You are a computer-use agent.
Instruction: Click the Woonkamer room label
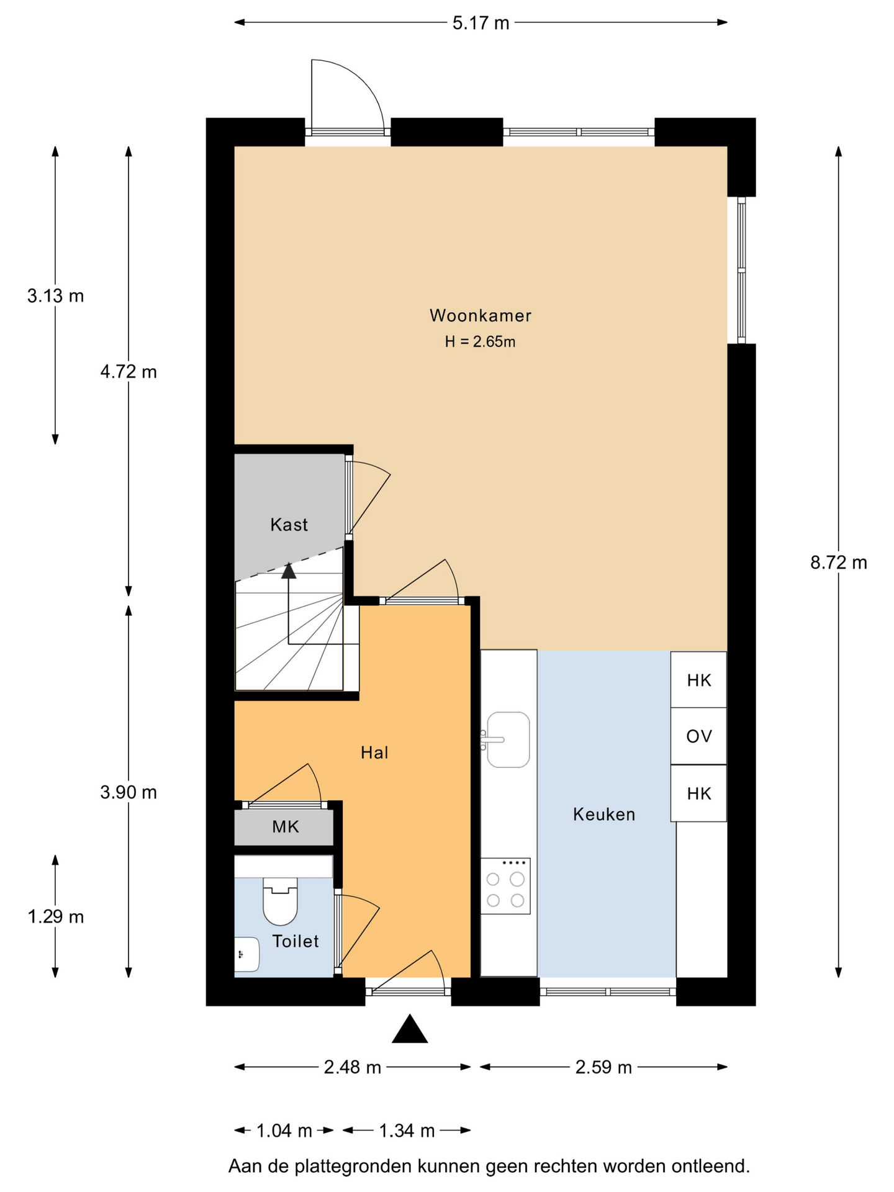(481, 315)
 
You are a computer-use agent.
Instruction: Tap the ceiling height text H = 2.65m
(480, 341)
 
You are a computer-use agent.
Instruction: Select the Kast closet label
(289, 525)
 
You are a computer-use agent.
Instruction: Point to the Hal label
(374, 752)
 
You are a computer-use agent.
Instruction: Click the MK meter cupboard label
(286, 826)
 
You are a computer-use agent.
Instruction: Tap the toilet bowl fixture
(281, 901)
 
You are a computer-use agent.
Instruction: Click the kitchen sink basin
(508, 739)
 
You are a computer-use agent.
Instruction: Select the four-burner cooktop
(505, 886)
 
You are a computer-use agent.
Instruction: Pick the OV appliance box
(698, 736)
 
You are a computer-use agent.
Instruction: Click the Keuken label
(604, 814)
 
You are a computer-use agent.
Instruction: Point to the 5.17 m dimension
(481, 23)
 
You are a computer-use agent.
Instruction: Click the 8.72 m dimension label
(839, 562)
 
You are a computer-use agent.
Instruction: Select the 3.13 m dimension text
(55, 296)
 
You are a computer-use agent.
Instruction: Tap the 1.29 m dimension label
(55, 916)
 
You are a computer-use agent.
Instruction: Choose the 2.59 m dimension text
(603, 1067)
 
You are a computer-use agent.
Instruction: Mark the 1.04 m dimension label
(284, 1131)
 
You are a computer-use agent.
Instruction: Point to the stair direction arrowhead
(289, 570)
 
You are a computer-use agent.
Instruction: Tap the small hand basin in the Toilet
(246, 954)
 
